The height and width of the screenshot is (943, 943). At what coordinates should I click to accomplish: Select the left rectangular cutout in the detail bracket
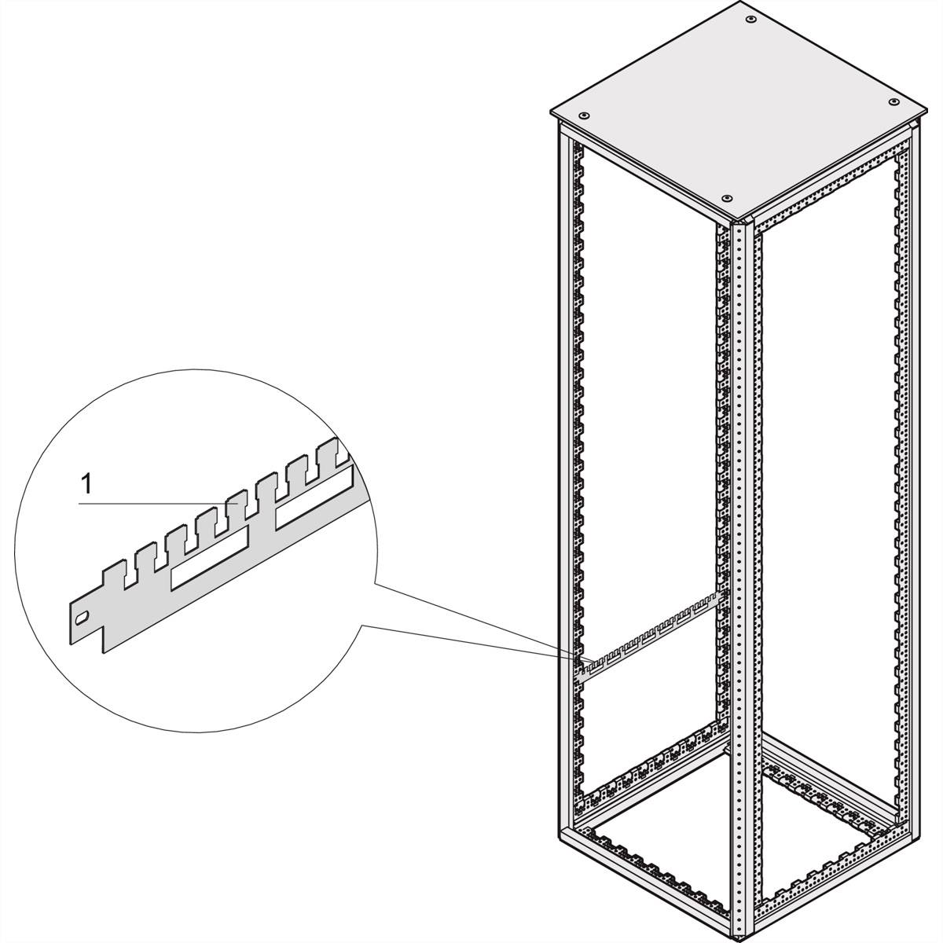point(209,564)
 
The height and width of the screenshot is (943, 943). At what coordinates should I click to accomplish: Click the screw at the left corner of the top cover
point(585,115)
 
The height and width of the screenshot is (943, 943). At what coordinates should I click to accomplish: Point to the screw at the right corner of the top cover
point(893,102)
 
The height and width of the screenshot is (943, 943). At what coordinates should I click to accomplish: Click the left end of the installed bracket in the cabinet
point(582,669)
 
